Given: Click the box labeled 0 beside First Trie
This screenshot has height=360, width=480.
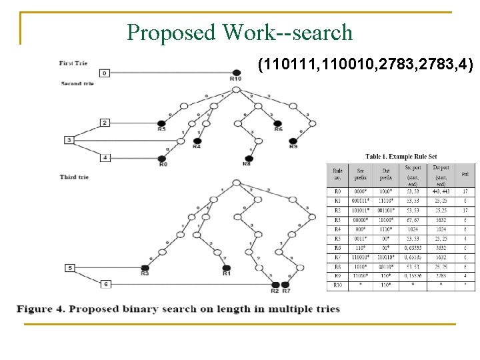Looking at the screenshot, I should [x=104, y=73].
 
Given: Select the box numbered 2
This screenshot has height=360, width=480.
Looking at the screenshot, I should [x=105, y=123].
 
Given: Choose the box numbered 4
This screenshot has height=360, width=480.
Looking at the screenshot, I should [x=105, y=157].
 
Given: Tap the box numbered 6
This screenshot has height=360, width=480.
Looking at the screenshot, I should [x=105, y=285].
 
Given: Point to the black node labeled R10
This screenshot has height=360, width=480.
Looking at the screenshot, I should [x=235, y=73].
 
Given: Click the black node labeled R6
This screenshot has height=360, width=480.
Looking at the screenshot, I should [x=277, y=123].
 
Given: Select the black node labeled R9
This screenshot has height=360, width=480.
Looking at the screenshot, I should [x=293, y=140].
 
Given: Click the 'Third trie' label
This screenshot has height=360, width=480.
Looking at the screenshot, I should [x=74, y=177].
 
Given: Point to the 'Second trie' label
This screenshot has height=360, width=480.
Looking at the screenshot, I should [x=77, y=83].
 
